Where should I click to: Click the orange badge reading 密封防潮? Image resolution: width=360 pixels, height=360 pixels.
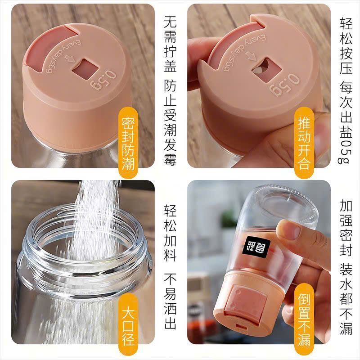point(128,143)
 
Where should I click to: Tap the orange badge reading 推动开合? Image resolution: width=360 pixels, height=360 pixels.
point(304,143)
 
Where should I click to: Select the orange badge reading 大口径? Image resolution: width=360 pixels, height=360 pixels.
point(128,324)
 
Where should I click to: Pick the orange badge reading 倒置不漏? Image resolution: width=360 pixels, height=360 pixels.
point(304,319)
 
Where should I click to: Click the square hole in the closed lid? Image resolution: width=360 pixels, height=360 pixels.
point(85,69)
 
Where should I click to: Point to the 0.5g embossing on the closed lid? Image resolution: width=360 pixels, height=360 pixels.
point(103,81)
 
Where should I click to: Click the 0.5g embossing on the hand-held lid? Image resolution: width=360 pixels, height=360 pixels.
point(284,84)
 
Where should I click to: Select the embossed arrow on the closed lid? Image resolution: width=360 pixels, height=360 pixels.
point(70,58)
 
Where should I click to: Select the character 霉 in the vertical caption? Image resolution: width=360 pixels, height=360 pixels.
point(170,159)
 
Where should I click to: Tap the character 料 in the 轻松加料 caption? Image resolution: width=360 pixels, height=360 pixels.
point(170,255)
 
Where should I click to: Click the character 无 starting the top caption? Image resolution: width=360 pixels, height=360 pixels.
point(170,22)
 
